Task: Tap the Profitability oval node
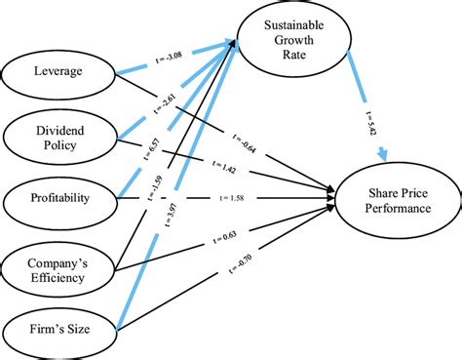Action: point(59,198)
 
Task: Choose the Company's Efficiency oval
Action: point(59,266)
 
